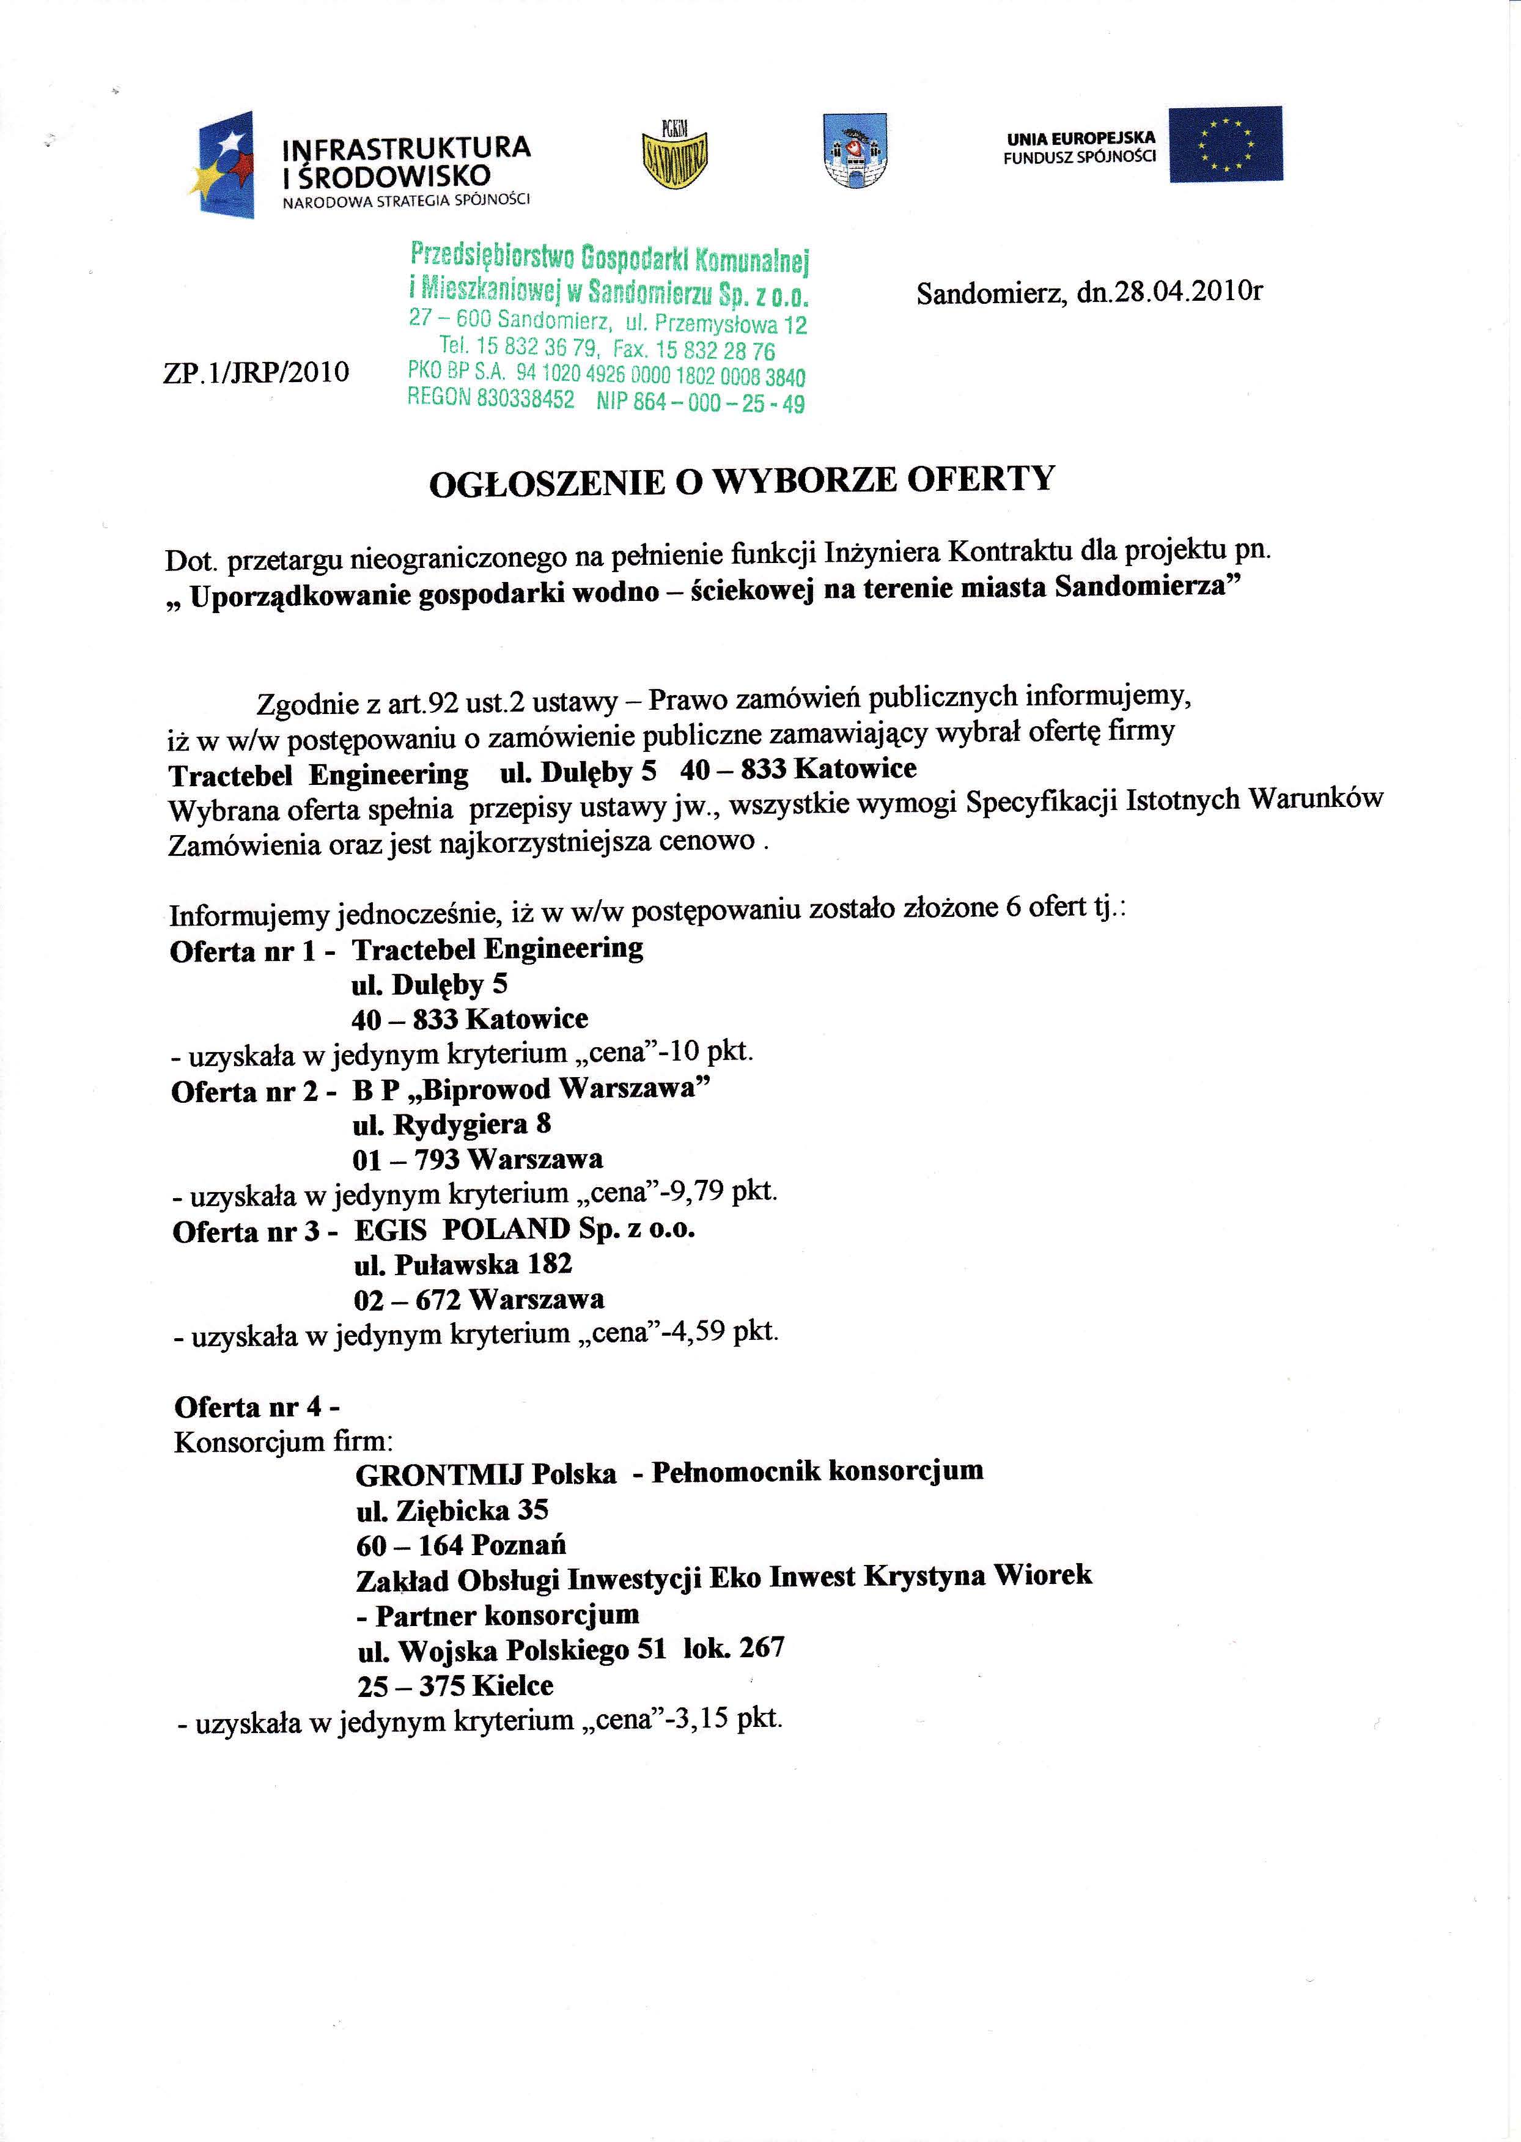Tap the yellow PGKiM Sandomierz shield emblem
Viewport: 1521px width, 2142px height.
674,155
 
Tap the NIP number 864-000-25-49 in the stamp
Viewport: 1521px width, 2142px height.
701,403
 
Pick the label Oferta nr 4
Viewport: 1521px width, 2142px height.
257,1408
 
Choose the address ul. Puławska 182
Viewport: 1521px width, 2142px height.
463,1265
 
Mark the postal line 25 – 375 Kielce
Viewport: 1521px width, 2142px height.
455,1686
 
